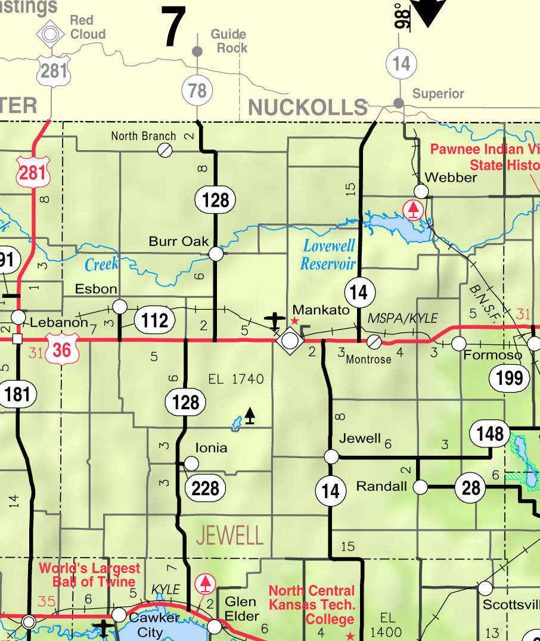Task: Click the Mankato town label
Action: pos(321,310)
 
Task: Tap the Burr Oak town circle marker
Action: pos(216,254)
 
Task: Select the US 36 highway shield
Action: pos(61,349)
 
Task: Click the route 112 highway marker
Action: pos(155,320)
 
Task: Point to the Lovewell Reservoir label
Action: pos(328,254)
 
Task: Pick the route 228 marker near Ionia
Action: pos(206,488)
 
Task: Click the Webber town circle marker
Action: pos(421,191)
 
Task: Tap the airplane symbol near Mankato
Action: pos(275,320)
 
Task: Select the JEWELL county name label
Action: pos(229,536)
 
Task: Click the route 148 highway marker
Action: pos(490,433)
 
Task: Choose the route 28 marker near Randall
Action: pos(471,488)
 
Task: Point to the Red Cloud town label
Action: pos(88,27)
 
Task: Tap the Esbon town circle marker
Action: pos(120,307)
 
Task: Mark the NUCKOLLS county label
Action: pos(307,107)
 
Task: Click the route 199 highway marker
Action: pos(509,377)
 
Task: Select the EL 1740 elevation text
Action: pos(236,379)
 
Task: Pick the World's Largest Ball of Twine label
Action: pos(89,575)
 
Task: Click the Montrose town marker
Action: pos(374,341)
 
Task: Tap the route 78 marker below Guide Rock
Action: pos(197,91)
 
